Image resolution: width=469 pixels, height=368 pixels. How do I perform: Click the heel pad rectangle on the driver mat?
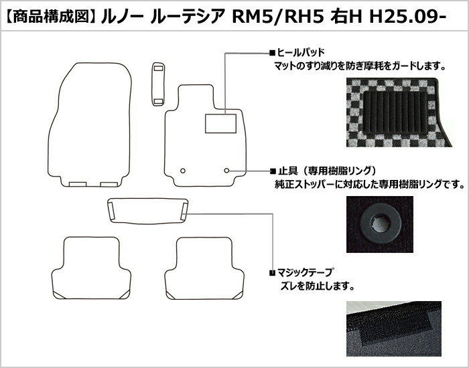220,123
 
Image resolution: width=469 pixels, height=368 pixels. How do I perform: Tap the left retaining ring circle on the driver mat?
183,171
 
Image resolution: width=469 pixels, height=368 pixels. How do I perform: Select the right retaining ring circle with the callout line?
226,171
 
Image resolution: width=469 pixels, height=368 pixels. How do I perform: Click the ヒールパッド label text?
301,53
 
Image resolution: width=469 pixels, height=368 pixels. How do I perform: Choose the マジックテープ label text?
305,272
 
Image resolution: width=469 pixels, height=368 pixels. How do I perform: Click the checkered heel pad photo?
399,112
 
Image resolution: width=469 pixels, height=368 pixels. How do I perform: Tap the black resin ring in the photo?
380,223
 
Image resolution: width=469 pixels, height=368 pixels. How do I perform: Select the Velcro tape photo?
394,329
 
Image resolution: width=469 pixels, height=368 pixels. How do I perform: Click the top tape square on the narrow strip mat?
158,68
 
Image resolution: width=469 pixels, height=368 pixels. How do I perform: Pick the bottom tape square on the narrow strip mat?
158,102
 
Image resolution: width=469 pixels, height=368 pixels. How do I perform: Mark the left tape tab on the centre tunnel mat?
111,211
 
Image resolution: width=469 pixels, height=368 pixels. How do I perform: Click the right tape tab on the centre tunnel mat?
184,211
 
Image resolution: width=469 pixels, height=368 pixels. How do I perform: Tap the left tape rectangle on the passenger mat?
78,184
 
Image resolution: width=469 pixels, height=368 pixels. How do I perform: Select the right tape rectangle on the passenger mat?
109,184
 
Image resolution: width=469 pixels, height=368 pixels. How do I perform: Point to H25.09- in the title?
408,17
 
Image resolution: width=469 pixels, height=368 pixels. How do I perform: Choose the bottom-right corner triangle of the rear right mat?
238,295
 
